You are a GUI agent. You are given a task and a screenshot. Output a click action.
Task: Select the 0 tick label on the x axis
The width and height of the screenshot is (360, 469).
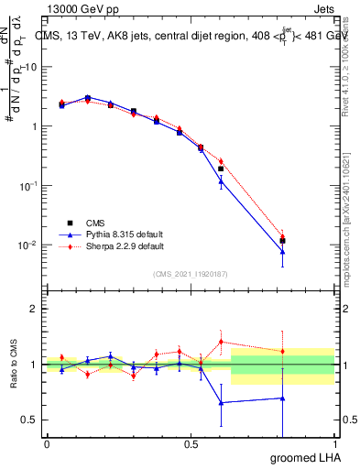coord(47,443)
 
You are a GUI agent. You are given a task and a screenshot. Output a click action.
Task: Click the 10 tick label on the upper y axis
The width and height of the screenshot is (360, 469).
coord(32,67)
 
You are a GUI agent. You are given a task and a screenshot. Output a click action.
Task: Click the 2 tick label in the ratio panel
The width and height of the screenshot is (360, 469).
coord(36,309)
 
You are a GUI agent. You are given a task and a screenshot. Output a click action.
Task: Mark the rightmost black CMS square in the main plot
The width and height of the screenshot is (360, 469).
coord(282,241)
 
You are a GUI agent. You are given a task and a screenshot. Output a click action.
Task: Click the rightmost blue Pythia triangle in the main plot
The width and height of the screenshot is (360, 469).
coord(282,252)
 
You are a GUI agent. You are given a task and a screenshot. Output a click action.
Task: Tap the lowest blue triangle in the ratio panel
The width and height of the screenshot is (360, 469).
coord(221,402)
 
